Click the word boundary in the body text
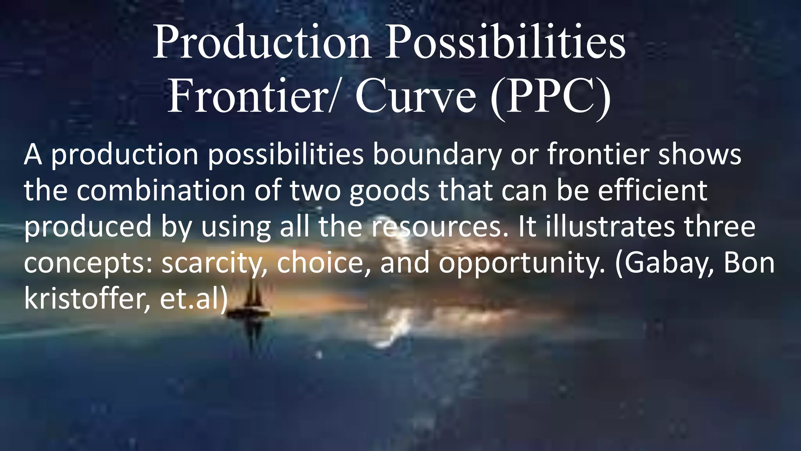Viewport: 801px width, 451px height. [x=436, y=155]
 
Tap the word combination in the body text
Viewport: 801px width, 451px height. [x=160, y=191]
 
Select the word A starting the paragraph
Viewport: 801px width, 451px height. [x=33, y=155]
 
